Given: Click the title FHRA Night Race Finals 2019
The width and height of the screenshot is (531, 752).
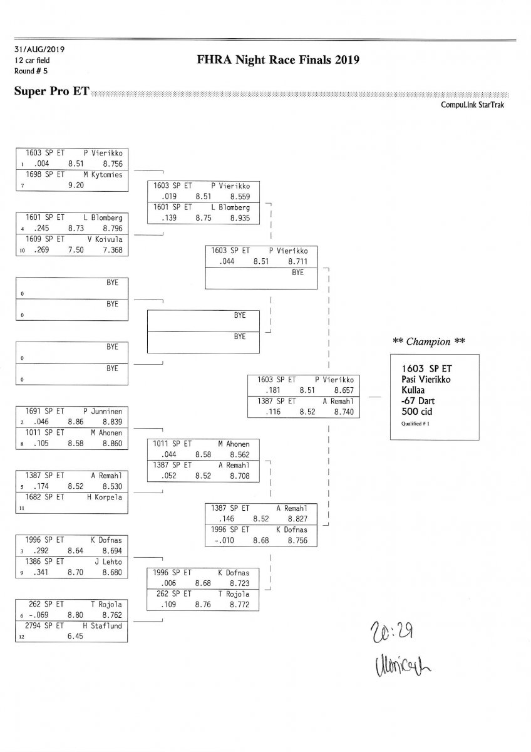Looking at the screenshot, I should [277, 60].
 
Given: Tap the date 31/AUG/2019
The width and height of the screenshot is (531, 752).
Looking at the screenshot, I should [39, 49].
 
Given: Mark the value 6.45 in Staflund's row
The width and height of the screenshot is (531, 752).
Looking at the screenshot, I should [76, 636].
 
